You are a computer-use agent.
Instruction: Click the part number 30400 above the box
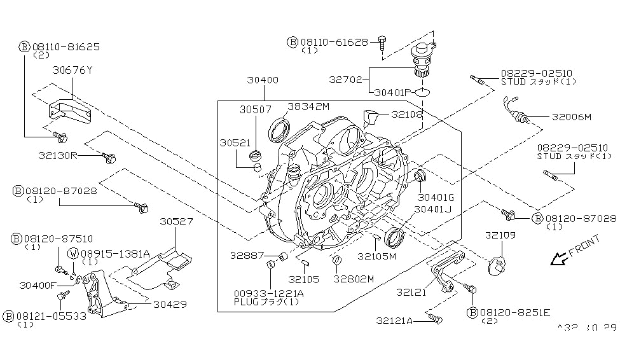[263, 81]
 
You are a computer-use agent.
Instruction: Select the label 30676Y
[72, 70]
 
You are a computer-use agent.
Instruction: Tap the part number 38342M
[308, 106]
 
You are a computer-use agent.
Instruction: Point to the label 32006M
[571, 117]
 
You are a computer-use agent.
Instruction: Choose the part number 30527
[176, 221]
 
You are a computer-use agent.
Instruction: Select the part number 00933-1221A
[269, 293]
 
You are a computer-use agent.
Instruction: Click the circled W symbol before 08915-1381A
[73, 253]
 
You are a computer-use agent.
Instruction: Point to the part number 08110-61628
[336, 41]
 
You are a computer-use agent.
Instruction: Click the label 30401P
[391, 92]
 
